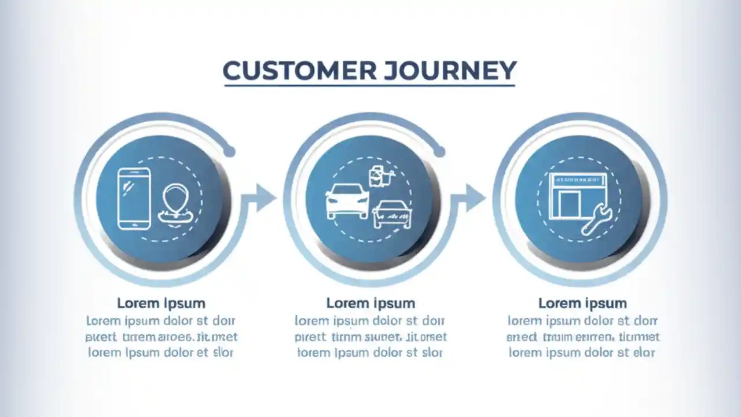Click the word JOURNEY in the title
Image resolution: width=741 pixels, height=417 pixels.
tap(449, 71)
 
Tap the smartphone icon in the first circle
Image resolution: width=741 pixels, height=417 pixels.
tap(134, 198)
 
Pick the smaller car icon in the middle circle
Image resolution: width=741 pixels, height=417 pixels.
tap(392, 214)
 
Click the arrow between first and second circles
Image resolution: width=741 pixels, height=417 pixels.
tap(263, 198)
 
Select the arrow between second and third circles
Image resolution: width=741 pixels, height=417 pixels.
tap(473, 198)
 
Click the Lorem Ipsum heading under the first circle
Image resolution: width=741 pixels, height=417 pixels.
tap(161, 303)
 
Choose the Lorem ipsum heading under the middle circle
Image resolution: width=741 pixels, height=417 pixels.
tap(370, 303)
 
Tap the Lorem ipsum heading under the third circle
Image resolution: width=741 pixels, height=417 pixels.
tap(582, 303)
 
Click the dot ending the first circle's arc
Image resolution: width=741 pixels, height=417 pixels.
tap(229, 152)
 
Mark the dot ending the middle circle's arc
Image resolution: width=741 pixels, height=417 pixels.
tap(439, 152)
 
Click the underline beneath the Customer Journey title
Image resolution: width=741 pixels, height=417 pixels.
tap(369, 86)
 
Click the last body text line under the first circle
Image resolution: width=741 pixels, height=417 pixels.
tap(161, 352)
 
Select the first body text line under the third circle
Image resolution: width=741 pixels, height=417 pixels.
tap(582, 320)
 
